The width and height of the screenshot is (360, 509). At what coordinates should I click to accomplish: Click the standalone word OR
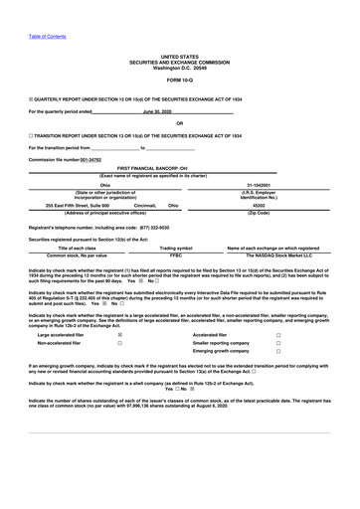click(180, 123)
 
